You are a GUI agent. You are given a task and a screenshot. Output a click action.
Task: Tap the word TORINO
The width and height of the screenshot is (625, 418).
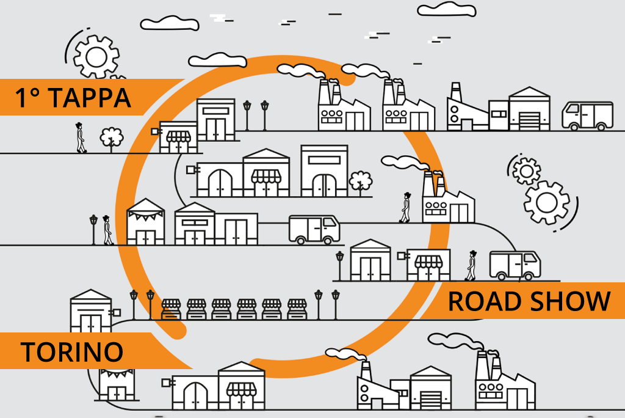coord(72,352)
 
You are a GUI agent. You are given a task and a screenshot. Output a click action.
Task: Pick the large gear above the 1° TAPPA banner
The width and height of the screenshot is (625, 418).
coord(96,57)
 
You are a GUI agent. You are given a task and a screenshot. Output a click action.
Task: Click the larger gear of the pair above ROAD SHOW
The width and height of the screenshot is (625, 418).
coord(546,203)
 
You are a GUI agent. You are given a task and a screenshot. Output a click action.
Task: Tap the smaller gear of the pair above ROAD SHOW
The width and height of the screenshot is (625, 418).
coord(527,171)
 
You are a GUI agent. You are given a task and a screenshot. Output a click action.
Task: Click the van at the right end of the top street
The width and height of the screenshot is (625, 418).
coord(588,116)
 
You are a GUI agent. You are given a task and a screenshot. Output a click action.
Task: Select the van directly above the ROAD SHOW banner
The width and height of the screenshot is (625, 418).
coord(515,265)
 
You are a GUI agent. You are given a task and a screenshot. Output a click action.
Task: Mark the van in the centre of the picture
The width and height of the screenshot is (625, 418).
coord(314,230)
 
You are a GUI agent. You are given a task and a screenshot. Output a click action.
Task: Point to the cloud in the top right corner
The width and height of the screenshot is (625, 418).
coord(447,9)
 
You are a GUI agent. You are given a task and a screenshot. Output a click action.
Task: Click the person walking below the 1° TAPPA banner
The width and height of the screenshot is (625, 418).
coord(81,137)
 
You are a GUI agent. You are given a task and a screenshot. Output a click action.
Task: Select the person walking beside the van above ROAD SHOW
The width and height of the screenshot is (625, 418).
coord(471,265)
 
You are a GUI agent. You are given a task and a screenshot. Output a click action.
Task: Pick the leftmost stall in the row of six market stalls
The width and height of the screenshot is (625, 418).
coord(171,309)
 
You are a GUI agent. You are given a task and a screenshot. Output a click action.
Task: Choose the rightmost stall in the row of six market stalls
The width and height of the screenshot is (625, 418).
coord(297,309)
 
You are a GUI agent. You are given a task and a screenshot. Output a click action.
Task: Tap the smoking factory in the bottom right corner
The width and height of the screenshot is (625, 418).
coord(505,380)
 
